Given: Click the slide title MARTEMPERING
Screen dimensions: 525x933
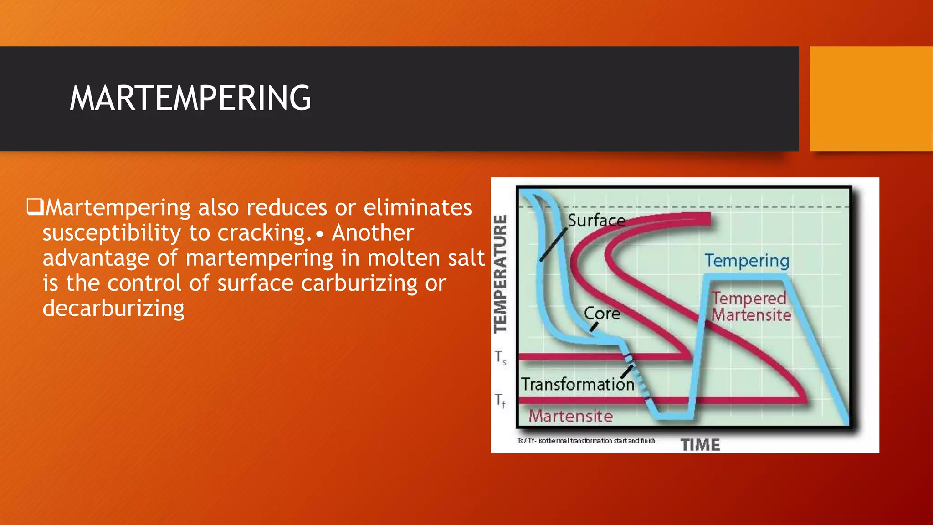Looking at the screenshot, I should [190, 98].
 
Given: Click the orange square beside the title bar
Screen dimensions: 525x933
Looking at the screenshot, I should [871, 99].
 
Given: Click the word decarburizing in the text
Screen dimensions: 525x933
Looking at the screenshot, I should [113, 309].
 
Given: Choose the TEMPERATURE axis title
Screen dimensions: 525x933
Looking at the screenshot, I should [501, 274].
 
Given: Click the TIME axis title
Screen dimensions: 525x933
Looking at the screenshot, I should [700, 445].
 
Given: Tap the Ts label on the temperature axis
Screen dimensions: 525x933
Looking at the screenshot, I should [501, 357].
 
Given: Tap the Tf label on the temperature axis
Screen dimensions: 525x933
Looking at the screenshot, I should [500, 401].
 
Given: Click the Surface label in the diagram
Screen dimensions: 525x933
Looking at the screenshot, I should [596, 221].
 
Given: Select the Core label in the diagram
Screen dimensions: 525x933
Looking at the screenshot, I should [602, 314].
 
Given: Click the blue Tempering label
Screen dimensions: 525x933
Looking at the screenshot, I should [747, 261].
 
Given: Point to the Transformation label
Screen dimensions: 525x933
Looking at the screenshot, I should [577, 384].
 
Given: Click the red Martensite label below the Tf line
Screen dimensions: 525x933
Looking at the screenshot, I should [570, 416].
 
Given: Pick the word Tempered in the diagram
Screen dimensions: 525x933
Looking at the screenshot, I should [749, 298].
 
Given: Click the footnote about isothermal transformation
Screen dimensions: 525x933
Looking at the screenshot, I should [586, 441].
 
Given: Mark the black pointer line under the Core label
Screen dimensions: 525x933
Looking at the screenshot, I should [594, 327].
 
